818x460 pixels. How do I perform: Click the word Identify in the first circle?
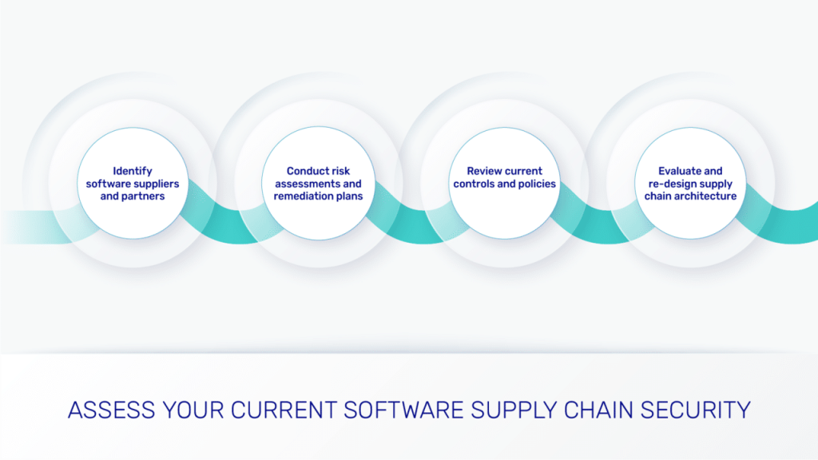click(x=133, y=172)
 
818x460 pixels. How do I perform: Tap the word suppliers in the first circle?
click(x=155, y=184)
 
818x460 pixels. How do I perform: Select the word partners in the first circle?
click(x=144, y=196)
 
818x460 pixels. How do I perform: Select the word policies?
click(x=538, y=184)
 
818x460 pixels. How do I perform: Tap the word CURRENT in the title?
click(x=284, y=410)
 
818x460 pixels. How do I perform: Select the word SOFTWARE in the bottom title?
click(x=403, y=410)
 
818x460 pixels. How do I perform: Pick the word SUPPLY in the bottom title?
click(x=514, y=410)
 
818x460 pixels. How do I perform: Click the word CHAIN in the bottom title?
click(x=598, y=410)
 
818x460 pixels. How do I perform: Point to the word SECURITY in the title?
click(x=696, y=410)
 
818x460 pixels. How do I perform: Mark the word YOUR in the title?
click(x=193, y=410)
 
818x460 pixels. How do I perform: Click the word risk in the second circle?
click(x=340, y=171)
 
